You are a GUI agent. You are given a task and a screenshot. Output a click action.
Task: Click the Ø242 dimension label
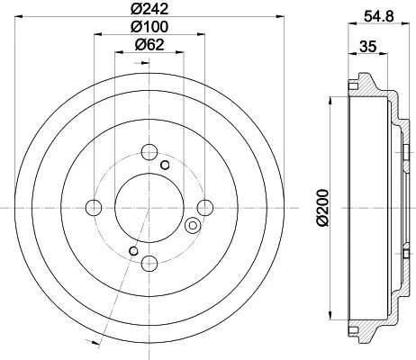point(149,9)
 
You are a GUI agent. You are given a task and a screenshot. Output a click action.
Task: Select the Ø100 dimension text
point(149,27)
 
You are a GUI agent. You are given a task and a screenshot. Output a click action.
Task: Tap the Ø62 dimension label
point(149,45)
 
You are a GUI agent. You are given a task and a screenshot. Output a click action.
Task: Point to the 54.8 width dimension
point(378,16)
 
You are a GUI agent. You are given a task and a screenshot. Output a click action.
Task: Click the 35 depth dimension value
point(367,47)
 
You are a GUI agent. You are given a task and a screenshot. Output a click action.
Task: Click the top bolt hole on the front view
point(149,152)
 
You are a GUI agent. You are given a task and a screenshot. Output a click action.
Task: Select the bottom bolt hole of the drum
point(149,263)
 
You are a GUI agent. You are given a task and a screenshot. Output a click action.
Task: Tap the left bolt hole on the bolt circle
point(94,208)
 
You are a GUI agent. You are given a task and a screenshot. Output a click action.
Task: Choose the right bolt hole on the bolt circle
point(205,208)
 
